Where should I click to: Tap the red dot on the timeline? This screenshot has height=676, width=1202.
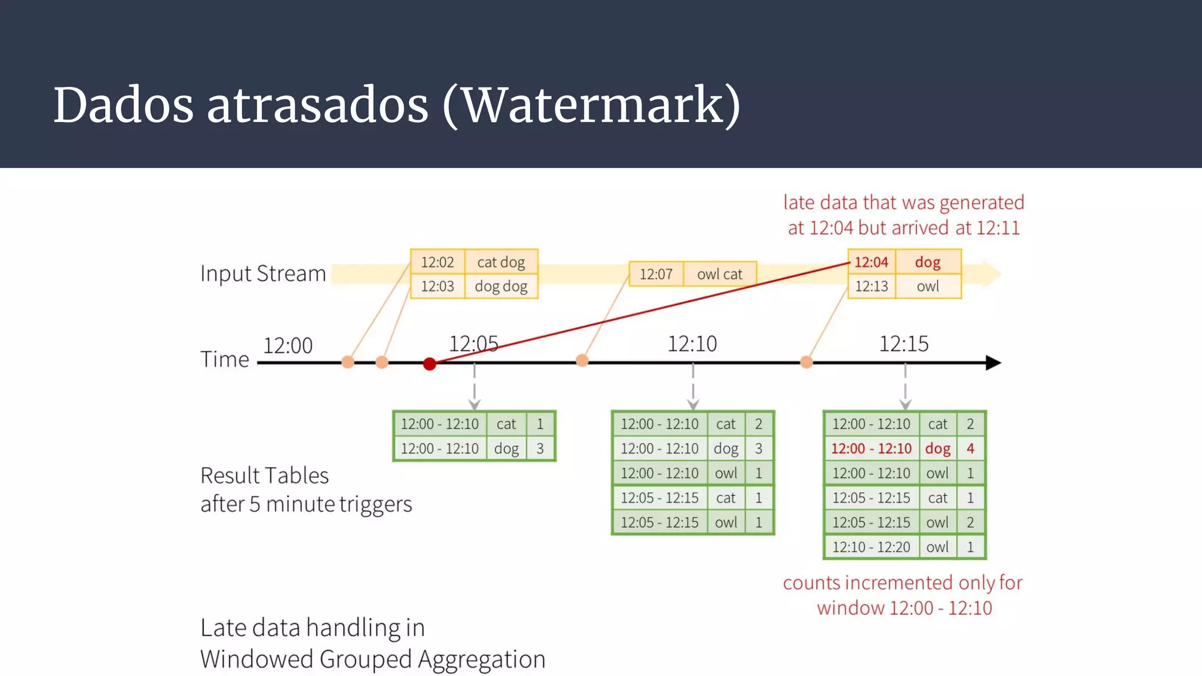[x=430, y=364]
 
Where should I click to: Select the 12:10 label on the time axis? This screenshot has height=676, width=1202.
[x=692, y=344]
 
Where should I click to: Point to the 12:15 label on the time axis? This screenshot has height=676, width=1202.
[x=903, y=344]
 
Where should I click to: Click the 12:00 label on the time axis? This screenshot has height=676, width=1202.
[x=288, y=346]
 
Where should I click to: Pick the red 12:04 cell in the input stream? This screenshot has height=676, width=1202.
[x=872, y=262]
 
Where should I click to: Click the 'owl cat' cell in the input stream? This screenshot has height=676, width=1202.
[x=720, y=274]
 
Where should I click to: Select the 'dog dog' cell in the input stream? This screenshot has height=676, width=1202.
[x=501, y=286]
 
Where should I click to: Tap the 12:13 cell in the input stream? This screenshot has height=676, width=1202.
[x=872, y=286]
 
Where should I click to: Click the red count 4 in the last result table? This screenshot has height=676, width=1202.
[x=970, y=449]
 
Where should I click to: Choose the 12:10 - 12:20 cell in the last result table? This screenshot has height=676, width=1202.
[x=871, y=547]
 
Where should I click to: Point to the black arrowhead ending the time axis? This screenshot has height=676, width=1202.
[x=993, y=363]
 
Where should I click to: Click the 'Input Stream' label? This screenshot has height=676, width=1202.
[x=263, y=274]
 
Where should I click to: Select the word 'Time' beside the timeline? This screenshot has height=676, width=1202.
[x=225, y=359]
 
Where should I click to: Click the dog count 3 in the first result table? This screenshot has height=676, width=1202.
[x=540, y=449]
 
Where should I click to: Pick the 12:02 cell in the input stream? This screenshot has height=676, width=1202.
[x=437, y=262]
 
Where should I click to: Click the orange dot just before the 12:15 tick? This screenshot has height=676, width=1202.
[x=806, y=362]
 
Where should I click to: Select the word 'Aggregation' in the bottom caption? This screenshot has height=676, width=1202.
[x=481, y=660]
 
